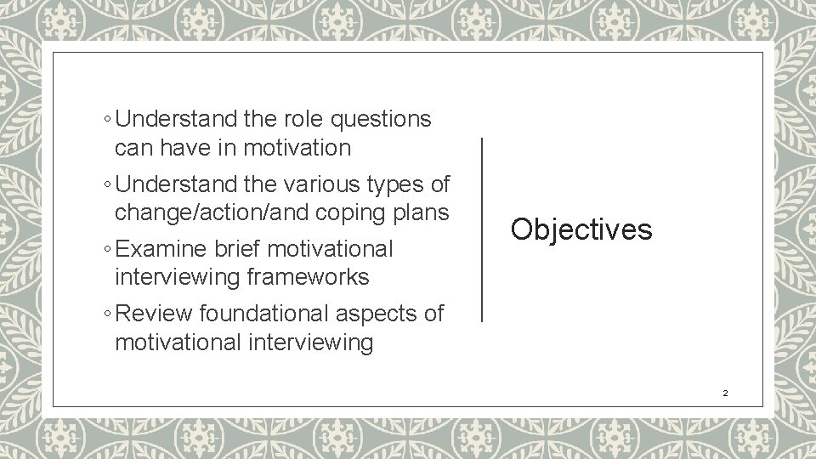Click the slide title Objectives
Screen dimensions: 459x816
pos(581,229)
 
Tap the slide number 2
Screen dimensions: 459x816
pos(725,394)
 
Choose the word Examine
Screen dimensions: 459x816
pos(162,250)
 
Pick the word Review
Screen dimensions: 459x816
pos(154,314)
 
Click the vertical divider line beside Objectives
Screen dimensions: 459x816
pos(482,229)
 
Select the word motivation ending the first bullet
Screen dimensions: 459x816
pos(297,148)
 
